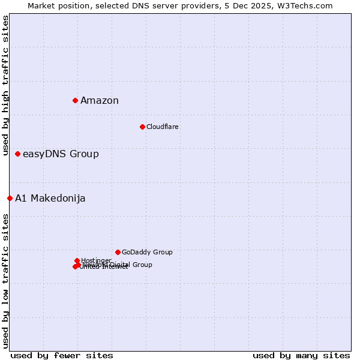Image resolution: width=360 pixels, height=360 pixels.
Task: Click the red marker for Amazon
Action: tap(75, 100)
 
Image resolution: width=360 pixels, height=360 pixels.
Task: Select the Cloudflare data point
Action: tap(142, 127)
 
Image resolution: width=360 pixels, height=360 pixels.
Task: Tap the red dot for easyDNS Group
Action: tap(17, 154)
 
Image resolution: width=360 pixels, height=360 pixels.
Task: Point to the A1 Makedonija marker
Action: tap(10, 198)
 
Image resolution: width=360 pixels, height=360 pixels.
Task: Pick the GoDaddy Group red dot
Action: tap(118, 252)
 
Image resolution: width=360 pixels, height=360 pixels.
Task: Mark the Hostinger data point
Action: tap(77, 260)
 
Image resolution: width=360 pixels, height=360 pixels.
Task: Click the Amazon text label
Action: tap(100, 101)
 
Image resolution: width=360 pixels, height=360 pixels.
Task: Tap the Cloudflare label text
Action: tap(163, 127)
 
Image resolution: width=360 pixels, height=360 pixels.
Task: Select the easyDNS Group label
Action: tap(61, 154)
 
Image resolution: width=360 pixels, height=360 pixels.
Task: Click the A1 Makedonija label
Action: tap(50, 199)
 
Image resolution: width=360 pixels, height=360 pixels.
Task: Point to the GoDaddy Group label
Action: tap(147, 253)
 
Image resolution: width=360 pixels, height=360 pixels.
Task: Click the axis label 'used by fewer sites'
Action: tap(62, 356)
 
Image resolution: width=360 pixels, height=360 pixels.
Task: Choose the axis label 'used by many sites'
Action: tap(301, 356)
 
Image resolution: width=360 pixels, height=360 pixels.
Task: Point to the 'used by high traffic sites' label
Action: tap(5, 86)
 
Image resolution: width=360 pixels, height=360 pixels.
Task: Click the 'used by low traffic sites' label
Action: tap(5, 281)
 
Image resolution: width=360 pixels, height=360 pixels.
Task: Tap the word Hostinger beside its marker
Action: tap(97, 260)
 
